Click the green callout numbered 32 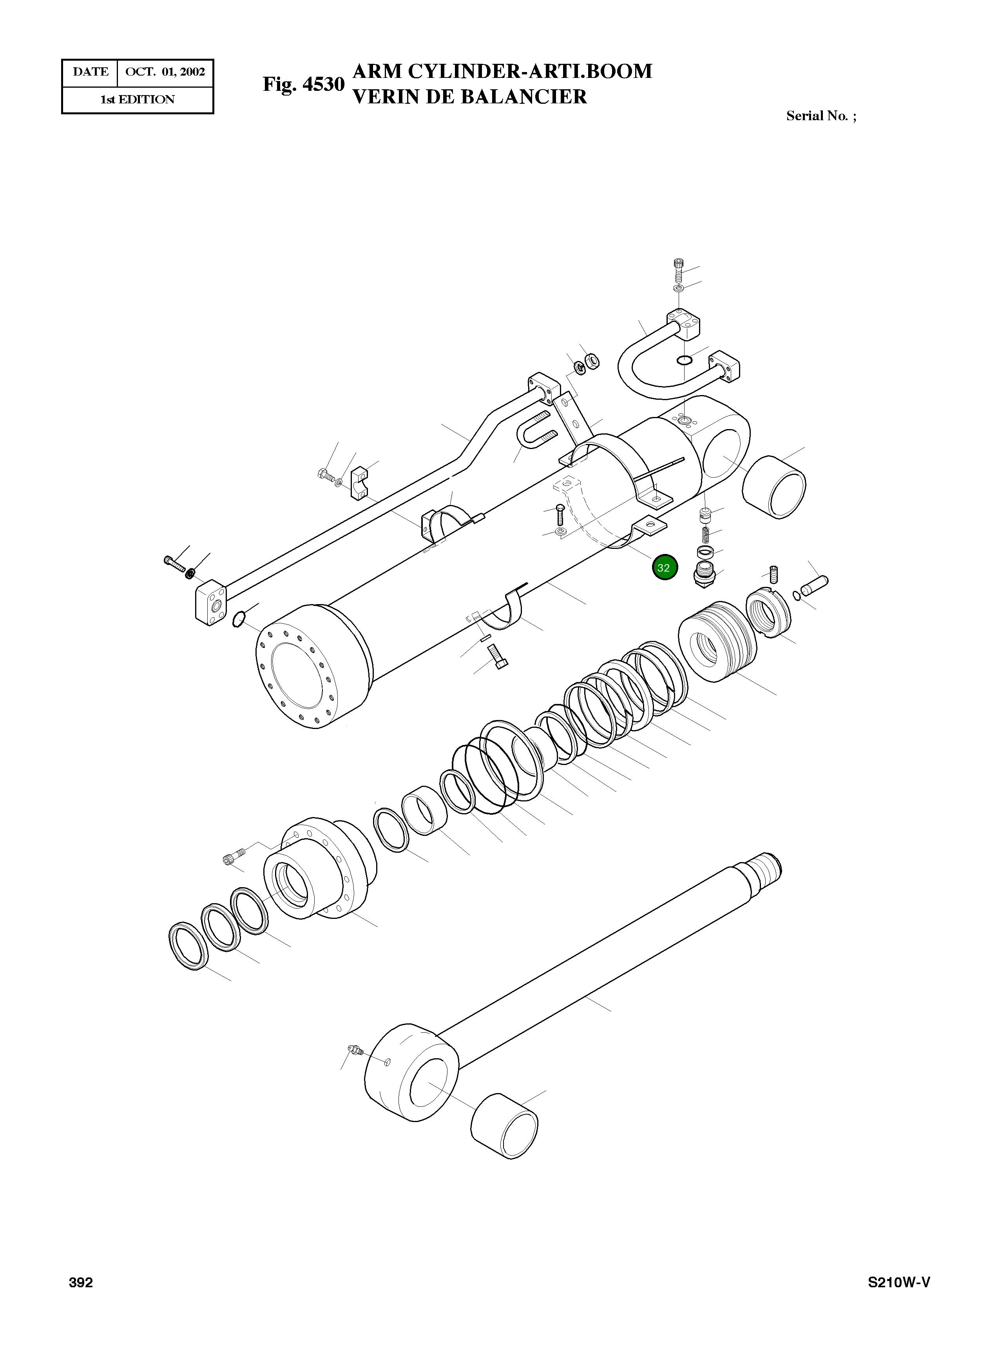[x=665, y=568]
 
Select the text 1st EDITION [x=137, y=100]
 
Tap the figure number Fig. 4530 [x=304, y=84]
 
